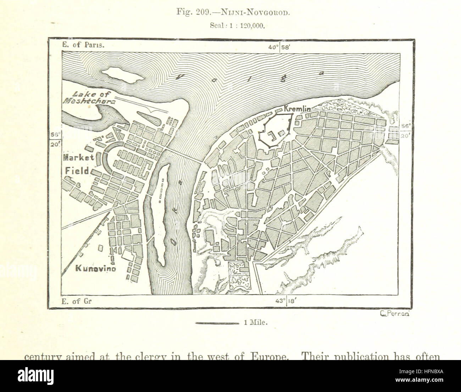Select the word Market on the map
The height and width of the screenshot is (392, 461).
78,157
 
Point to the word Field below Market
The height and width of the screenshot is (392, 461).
77,171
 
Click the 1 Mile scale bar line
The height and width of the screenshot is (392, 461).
217,323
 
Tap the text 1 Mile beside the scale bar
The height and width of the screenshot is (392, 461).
255,323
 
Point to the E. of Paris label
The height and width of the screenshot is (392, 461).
78,45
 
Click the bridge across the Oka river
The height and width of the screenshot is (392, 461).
183,156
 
